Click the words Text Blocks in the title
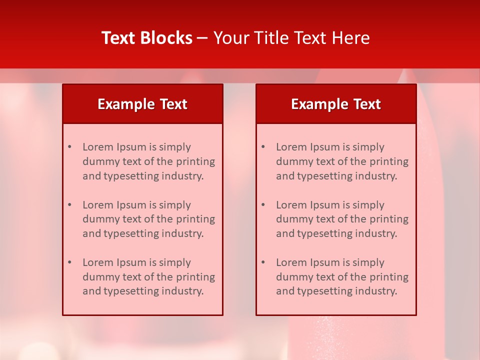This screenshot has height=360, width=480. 147,38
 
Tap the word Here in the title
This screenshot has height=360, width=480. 352,38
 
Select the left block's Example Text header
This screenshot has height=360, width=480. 142,104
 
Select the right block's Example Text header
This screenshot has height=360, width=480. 336,104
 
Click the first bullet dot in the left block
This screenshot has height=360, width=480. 69,147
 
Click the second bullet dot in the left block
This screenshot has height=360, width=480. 69,205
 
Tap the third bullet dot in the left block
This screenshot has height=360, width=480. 69,262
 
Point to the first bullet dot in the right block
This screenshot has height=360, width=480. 263,147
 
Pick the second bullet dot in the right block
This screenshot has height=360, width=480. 263,205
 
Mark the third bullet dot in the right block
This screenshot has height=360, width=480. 263,262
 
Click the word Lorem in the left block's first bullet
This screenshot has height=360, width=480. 97,147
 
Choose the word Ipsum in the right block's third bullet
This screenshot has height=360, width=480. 325,262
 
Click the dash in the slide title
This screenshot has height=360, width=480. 202,38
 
